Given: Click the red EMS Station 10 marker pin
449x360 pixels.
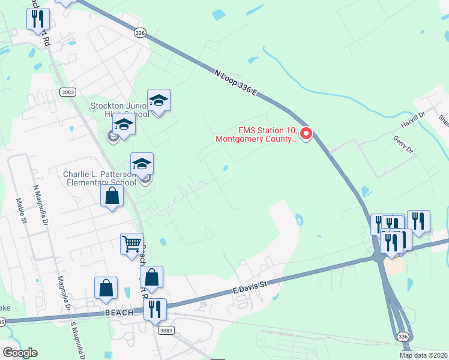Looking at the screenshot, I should click(x=306, y=134).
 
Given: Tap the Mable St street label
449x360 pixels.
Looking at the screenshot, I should click(x=22, y=211).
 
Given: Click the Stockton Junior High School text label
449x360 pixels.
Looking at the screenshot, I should click(x=119, y=110).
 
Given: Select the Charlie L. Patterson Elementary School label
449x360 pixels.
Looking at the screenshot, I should click(x=100, y=178).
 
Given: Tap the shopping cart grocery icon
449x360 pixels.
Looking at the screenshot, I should click(x=131, y=244).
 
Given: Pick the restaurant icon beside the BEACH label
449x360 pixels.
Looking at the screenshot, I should click(x=155, y=309).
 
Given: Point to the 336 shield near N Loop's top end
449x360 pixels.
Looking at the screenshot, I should click(x=140, y=33).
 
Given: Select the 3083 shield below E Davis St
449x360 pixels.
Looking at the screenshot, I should click(x=166, y=331).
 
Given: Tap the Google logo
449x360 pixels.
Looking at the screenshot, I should click(x=20, y=352).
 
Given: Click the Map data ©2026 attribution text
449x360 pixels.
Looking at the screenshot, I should click(x=423, y=355).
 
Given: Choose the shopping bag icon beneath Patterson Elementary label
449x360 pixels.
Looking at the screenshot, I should click(x=112, y=196).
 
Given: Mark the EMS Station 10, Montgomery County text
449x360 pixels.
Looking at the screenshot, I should click(x=256, y=134).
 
